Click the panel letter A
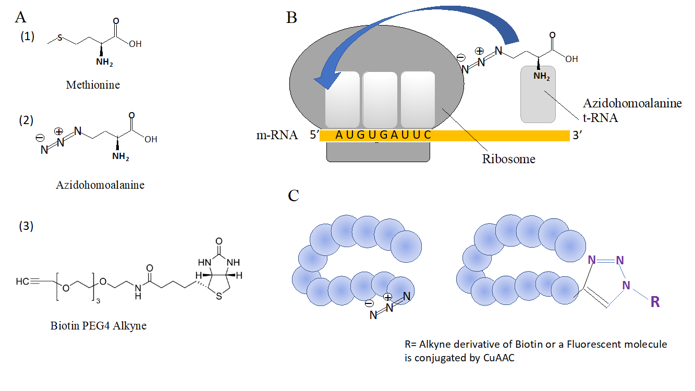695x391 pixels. [x=21, y=17]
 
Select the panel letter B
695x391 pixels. [x=292, y=18]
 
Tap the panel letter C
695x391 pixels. [x=294, y=195]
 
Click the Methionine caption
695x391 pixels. [x=93, y=84]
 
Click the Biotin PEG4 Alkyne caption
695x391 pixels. [x=99, y=326]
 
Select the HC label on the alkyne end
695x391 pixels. [x=22, y=282]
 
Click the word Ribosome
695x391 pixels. [x=508, y=159]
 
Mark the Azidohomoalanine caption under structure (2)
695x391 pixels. [x=100, y=185]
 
